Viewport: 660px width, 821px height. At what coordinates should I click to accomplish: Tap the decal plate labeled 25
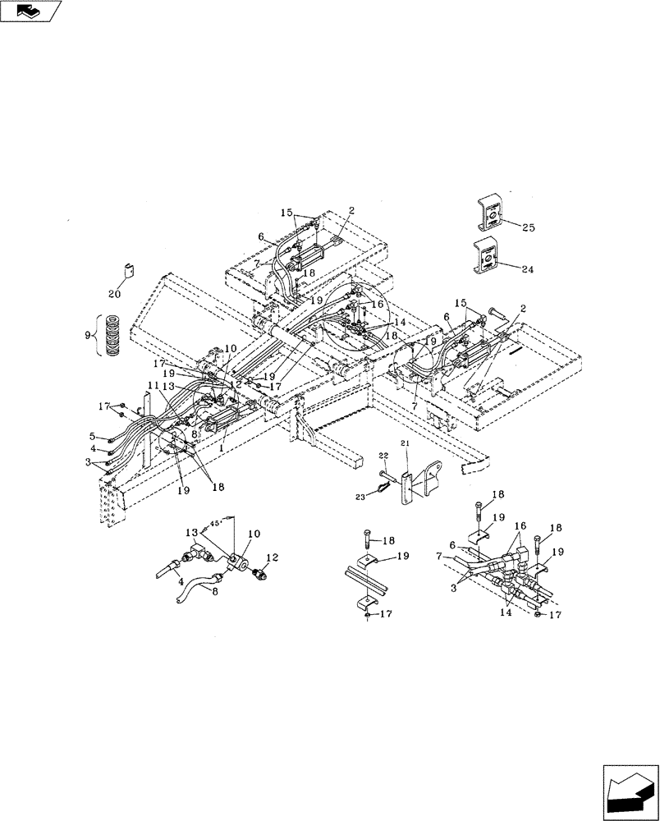(x=492, y=215)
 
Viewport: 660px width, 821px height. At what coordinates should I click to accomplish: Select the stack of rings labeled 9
(x=112, y=335)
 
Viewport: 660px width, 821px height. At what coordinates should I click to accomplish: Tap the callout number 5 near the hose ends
(x=94, y=437)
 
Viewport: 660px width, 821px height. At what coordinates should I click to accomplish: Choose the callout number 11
(x=153, y=384)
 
